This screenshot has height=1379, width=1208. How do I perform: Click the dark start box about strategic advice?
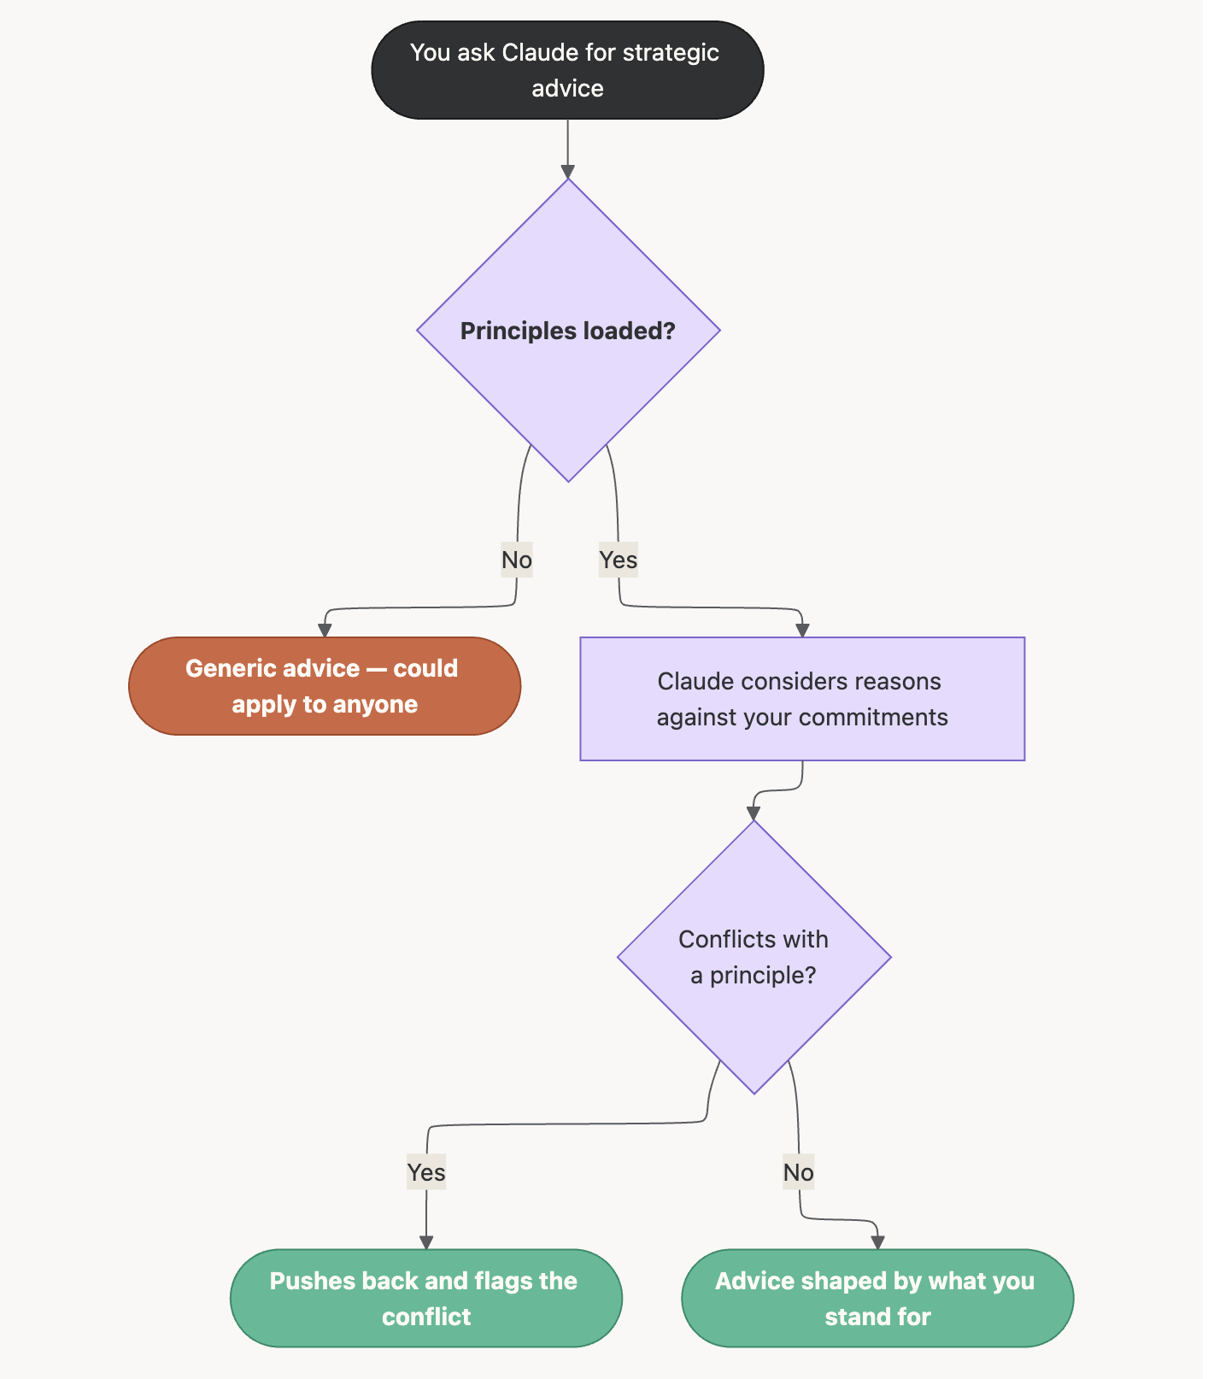pos(567,70)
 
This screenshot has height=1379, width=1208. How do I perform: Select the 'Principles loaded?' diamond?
pos(568,331)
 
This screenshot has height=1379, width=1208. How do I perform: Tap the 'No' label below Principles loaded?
pos(517,560)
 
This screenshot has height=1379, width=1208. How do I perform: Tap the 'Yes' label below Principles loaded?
pos(618,560)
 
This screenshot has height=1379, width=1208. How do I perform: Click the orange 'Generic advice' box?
pos(325,686)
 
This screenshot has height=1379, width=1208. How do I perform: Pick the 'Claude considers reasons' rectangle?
pos(801,699)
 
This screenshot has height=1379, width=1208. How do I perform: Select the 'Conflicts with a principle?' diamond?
pos(754,957)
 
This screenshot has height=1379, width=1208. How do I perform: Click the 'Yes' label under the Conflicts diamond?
pos(426,1172)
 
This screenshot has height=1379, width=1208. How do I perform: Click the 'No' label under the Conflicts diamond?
pos(799,1172)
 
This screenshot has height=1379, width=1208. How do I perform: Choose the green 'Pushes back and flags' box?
pos(426,1299)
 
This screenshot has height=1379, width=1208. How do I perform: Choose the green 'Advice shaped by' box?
pos(877,1299)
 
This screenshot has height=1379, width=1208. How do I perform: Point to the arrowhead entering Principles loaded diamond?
pos(568,172)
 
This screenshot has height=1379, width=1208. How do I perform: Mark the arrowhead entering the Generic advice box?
pos(325,631)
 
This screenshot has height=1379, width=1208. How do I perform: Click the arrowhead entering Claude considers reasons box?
pos(801,631)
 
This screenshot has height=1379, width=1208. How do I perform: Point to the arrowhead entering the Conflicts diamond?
pos(754,813)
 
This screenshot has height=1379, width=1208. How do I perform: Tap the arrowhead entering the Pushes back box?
pos(426,1242)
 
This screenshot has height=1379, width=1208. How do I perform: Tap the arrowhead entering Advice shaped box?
pos(877,1242)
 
